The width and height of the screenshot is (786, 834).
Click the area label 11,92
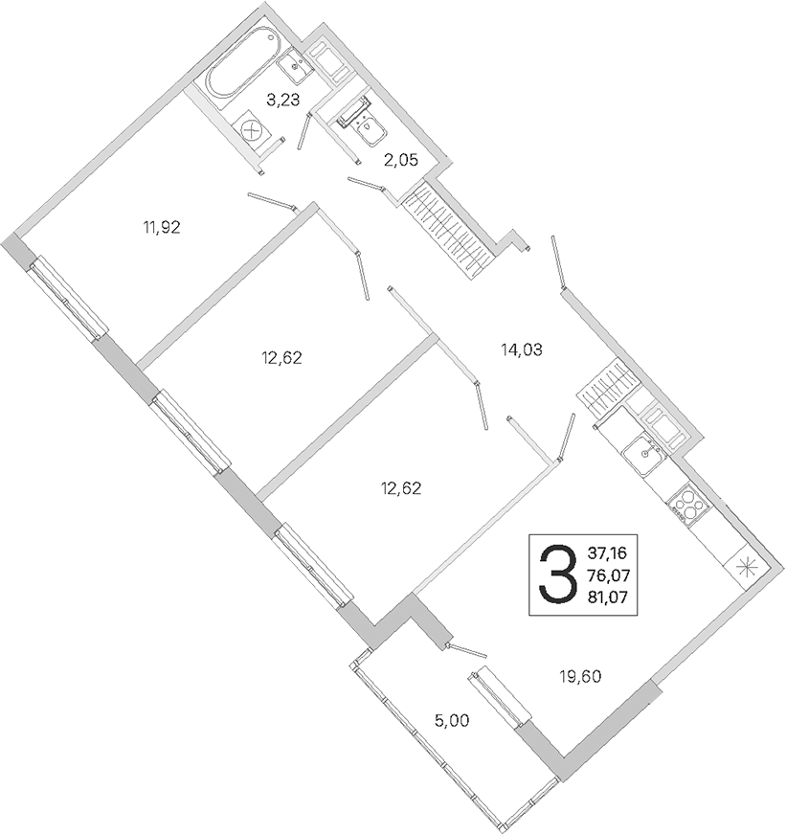[x=162, y=228]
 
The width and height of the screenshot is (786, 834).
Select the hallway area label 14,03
[x=521, y=349]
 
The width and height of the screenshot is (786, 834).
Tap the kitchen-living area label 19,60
[x=579, y=677]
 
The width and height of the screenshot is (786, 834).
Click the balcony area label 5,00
[x=452, y=721]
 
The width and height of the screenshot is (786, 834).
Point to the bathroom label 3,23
[x=283, y=100]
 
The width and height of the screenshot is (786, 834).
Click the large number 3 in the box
[x=557, y=575]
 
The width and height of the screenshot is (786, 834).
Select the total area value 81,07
[x=607, y=597]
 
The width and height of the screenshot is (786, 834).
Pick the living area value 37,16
[x=607, y=553]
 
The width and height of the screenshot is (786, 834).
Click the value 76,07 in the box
[x=608, y=575]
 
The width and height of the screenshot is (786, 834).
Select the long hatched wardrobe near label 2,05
[x=448, y=229]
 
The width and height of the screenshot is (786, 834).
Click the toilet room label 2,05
[x=401, y=160]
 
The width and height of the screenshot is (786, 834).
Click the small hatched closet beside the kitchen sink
[x=608, y=387]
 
